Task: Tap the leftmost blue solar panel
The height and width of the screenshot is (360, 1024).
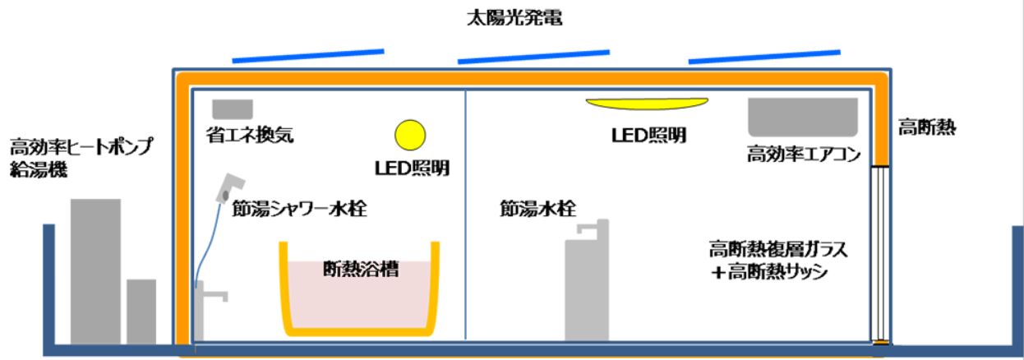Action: [x=308, y=56]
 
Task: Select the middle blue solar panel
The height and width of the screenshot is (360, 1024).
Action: [x=537, y=55]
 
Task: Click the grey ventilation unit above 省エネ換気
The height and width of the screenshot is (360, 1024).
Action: [x=233, y=108]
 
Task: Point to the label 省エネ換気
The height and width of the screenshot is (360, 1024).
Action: [x=250, y=134]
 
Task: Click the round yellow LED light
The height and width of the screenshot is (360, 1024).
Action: [x=409, y=136]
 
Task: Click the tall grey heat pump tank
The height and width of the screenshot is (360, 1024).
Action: [x=95, y=271]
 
